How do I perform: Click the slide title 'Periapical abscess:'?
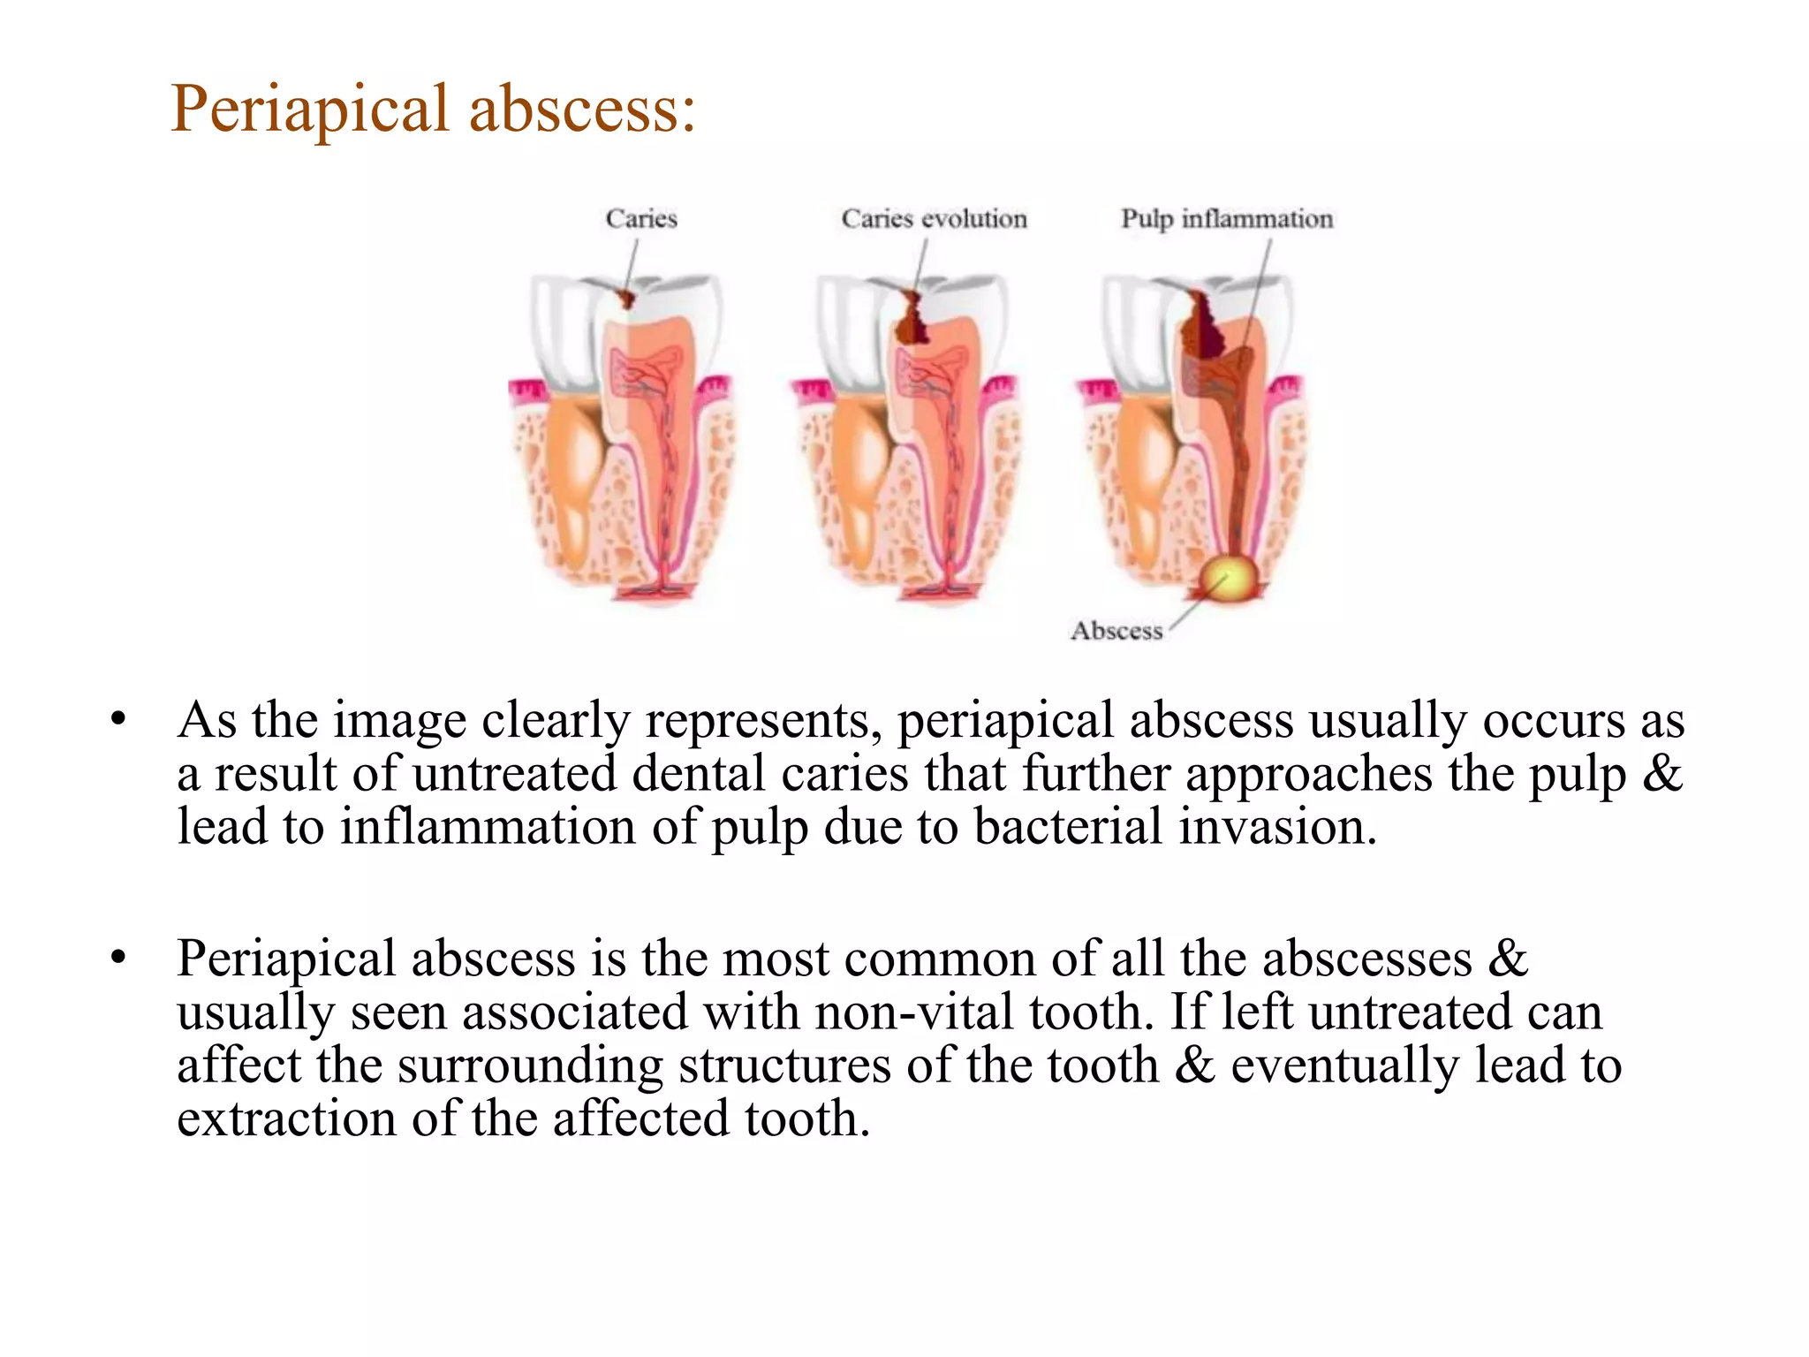[433, 109]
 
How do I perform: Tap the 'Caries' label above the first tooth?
[641, 218]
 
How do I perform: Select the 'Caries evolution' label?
[934, 218]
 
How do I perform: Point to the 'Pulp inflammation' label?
[1226, 218]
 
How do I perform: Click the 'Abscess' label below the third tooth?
[1116, 631]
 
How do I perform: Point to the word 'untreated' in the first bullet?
[514, 775]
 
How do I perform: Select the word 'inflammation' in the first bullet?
[488, 828]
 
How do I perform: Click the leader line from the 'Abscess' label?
[1196, 603]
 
